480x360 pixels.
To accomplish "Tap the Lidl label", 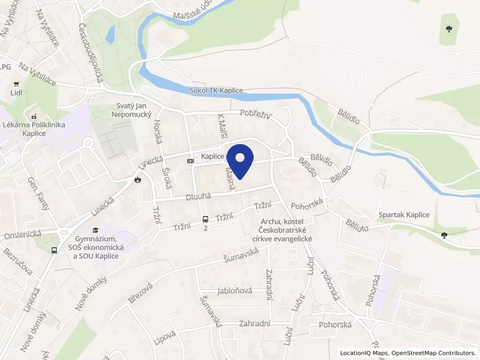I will point(16,93).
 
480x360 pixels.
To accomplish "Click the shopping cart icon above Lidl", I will point(16,83).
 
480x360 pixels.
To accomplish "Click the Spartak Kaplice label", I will point(403,215).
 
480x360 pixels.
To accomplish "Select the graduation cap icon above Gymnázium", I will point(95,230).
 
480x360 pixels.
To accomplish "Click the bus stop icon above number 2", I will point(206,219).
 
